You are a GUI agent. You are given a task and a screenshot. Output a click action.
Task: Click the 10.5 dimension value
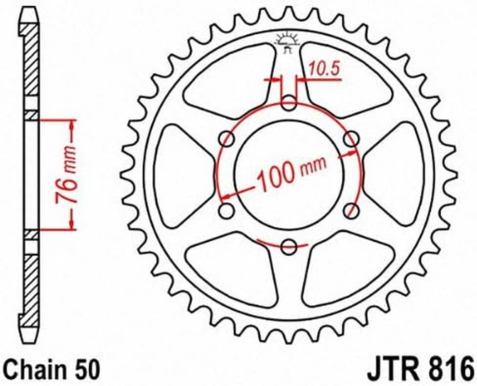(324, 69)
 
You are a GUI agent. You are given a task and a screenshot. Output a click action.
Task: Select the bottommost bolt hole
(289, 247)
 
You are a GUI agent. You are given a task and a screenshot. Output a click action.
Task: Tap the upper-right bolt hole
(352, 139)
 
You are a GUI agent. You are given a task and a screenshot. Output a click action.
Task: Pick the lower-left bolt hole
(226, 210)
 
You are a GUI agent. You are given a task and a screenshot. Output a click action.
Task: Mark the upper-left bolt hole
(226, 139)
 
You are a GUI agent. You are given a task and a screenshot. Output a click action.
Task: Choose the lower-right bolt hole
(352, 210)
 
